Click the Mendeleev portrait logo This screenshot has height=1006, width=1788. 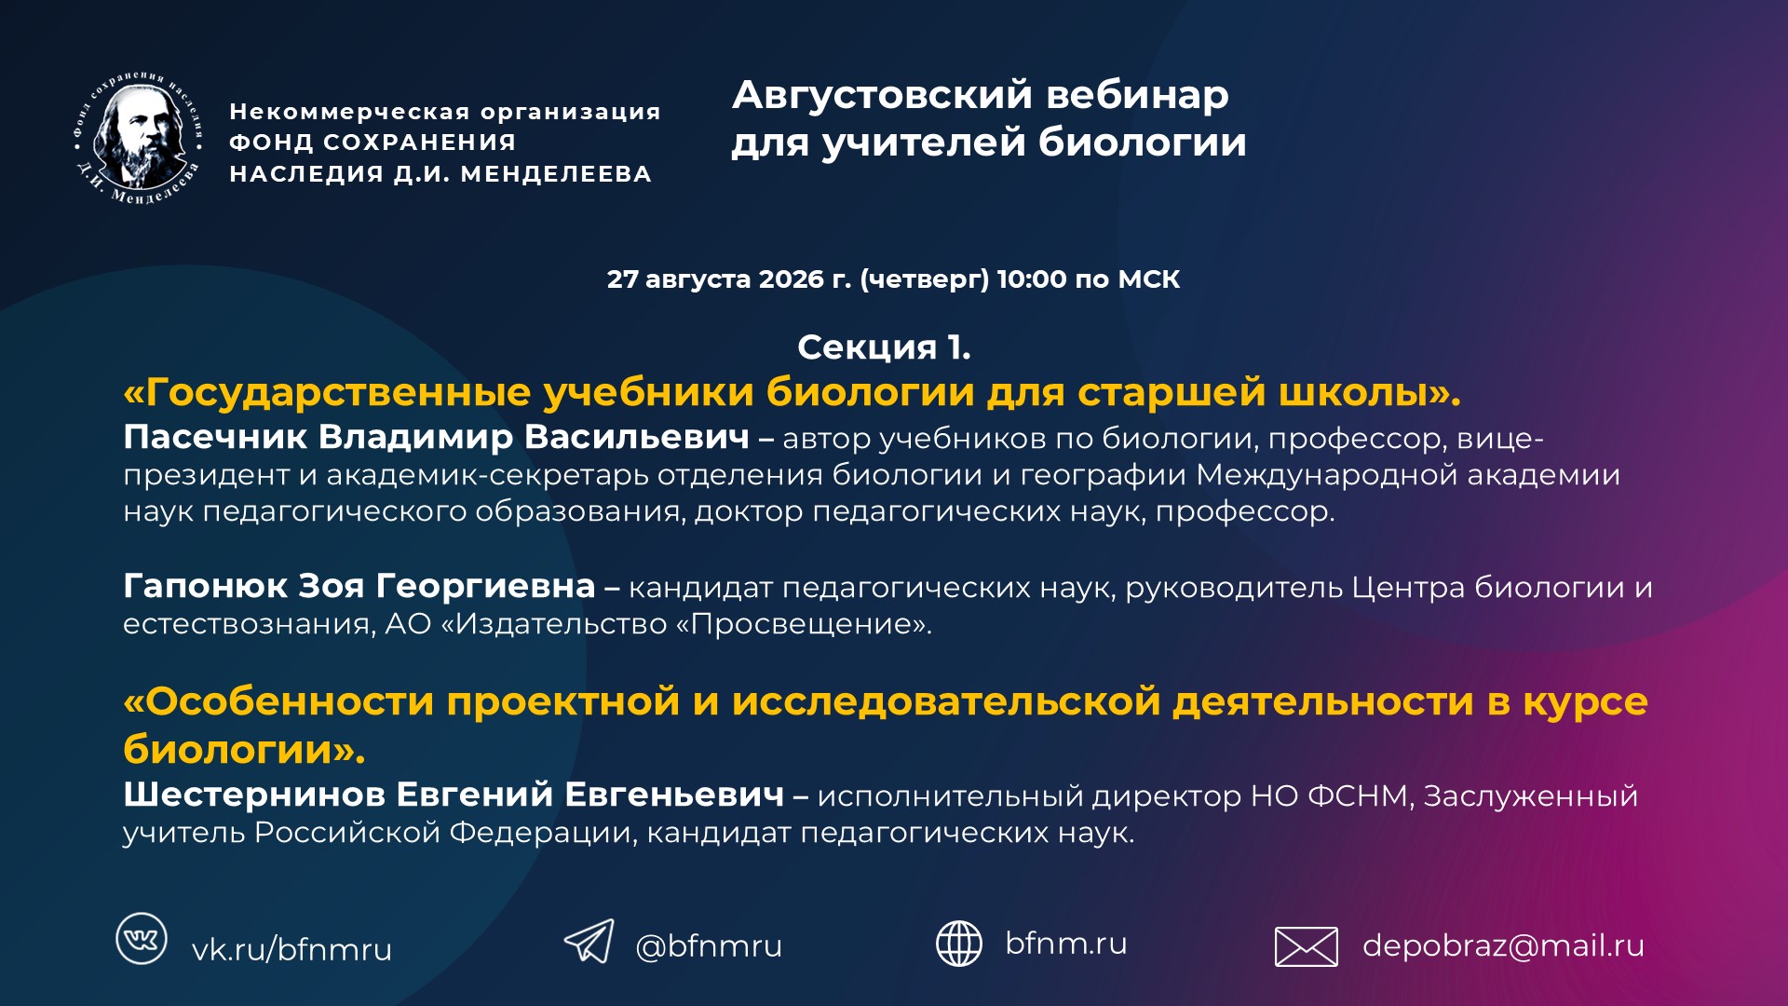tap(139, 138)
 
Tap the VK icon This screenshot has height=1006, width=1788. tap(142, 938)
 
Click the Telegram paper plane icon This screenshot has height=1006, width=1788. tap(589, 941)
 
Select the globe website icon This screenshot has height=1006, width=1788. tap(958, 943)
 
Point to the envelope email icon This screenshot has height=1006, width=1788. tap(1306, 946)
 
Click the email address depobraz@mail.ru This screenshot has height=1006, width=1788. tap(1503, 945)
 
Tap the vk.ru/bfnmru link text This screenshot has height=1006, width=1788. tap(291, 949)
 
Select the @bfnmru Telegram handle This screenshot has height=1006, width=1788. tap(709, 945)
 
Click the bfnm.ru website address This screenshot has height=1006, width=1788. tap(1066, 943)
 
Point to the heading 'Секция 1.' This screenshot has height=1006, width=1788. tap(884, 347)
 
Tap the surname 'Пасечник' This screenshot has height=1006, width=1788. tap(215, 437)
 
